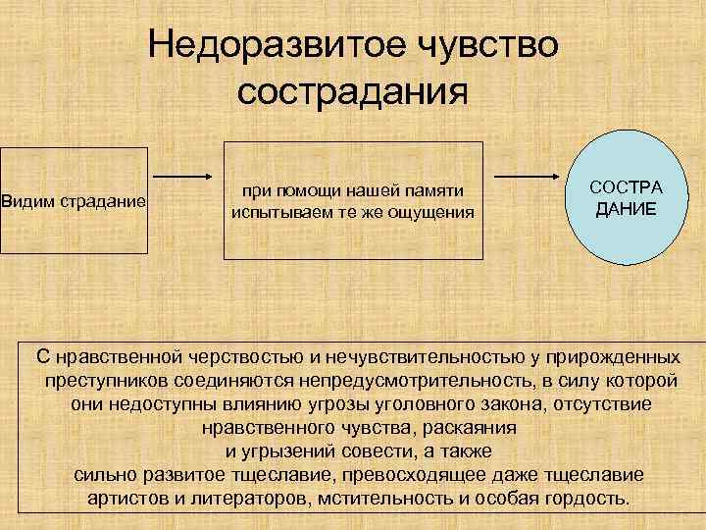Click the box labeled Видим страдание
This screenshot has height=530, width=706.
(74, 201)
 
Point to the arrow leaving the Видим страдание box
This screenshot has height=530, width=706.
(185, 177)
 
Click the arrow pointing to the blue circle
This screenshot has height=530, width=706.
(524, 177)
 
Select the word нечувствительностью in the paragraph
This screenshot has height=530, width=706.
(422, 355)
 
